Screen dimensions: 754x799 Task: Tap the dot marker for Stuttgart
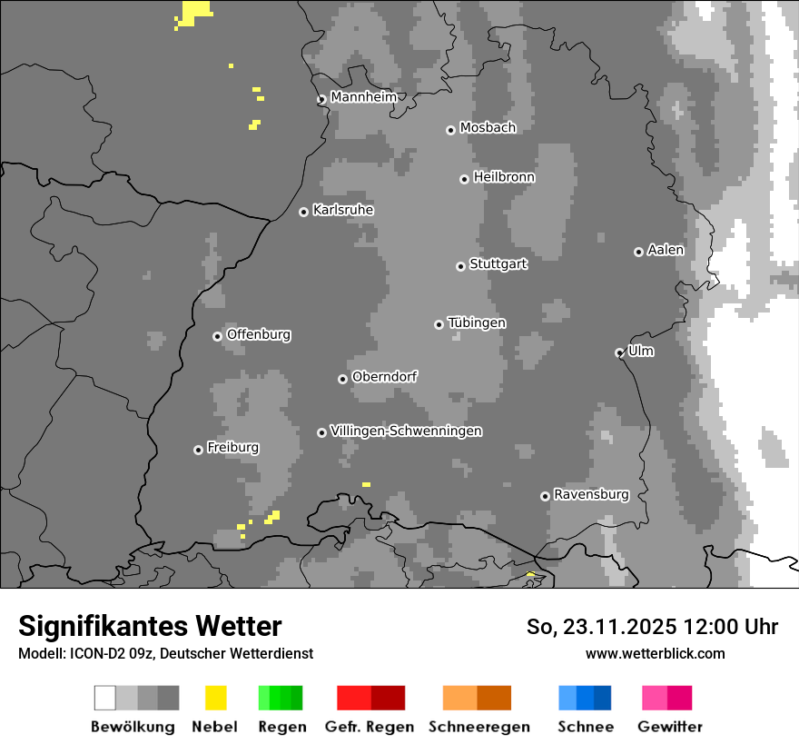(x=461, y=266)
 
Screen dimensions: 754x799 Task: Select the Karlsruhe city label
(x=342, y=210)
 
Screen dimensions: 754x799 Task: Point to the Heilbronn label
(x=504, y=177)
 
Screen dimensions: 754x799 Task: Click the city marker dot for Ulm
(x=620, y=352)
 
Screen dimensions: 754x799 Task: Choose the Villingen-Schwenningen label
(x=406, y=431)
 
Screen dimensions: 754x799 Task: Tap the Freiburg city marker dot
(x=198, y=450)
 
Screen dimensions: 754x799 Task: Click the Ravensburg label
(x=591, y=494)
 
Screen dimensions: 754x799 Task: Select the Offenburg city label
(x=259, y=334)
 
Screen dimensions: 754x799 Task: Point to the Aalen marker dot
(x=638, y=252)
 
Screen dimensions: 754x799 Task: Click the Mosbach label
(x=488, y=128)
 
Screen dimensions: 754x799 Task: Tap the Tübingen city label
(x=477, y=322)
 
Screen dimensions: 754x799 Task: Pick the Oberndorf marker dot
(x=342, y=379)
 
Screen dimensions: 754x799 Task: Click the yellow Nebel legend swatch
(x=215, y=698)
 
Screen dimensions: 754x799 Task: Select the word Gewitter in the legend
(x=670, y=727)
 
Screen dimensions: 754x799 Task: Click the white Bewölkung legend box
(x=105, y=698)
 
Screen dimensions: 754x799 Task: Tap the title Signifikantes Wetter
(x=150, y=626)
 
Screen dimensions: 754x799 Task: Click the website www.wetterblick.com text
(x=655, y=653)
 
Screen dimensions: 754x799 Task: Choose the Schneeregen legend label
(x=478, y=727)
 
